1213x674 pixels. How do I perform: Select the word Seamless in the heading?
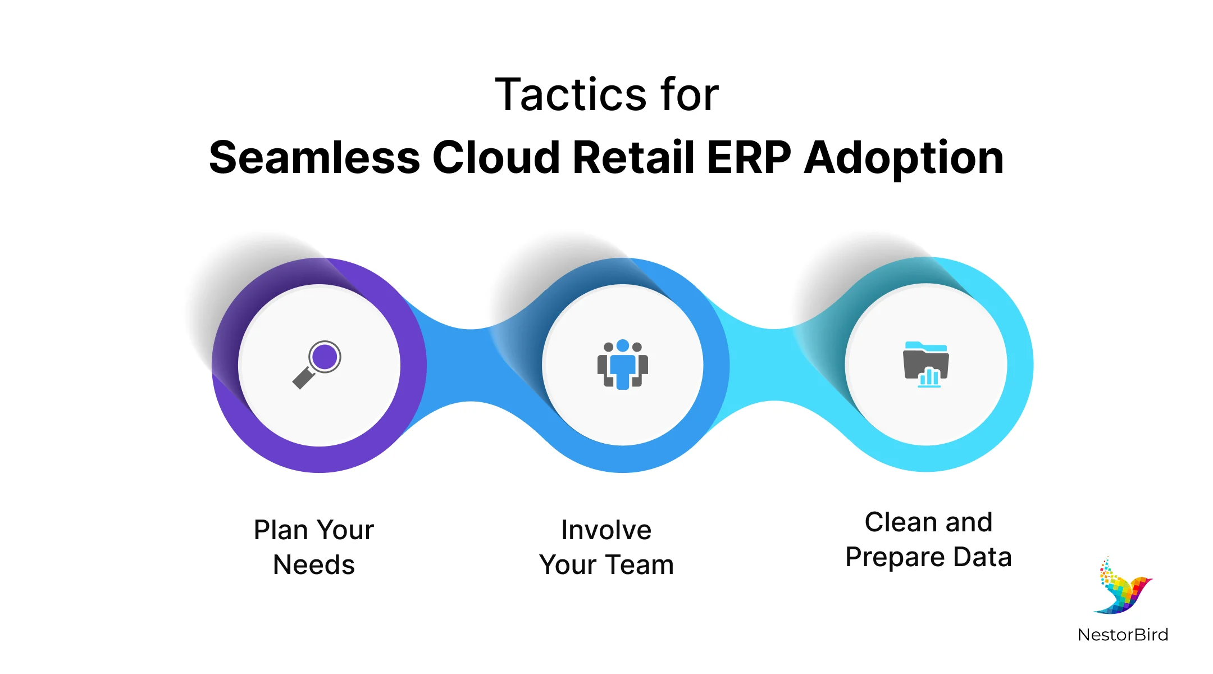[x=314, y=158]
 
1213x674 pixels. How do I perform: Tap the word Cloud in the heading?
[x=495, y=158]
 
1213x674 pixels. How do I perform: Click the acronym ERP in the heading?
[x=749, y=158]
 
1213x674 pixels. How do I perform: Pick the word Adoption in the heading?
[x=904, y=159]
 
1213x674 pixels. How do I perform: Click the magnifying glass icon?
[x=317, y=365]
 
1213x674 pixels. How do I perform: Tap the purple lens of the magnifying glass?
[x=325, y=356]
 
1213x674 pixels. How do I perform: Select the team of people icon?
[x=622, y=365]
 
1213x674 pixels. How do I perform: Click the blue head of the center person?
[x=622, y=345]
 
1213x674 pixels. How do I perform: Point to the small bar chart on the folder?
[x=929, y=377]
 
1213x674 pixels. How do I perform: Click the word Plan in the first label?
[x=280, y=530]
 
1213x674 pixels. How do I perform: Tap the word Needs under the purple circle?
[x=313, y=565]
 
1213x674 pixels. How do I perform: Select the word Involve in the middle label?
[x=606, y=530]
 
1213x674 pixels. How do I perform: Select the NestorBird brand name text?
[x=1123, y=635]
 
